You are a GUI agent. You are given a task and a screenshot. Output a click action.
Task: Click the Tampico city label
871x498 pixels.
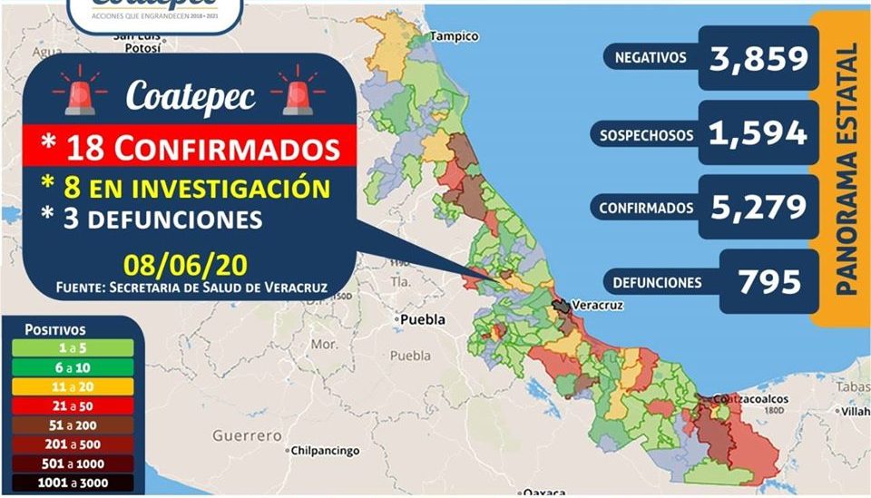click(x=454, y=37)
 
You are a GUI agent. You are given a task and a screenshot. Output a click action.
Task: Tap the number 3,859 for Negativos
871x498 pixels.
click(x=759, y=59)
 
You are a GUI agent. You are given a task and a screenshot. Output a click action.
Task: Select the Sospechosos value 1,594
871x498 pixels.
click(x=759, y=133)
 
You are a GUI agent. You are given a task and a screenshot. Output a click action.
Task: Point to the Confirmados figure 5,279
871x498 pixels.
click(x=759, y=207)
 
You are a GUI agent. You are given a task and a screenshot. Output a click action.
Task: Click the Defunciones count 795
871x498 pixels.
click(x=769, y=281)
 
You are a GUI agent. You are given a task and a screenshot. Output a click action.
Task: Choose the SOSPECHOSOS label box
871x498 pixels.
click(x=646, y=135)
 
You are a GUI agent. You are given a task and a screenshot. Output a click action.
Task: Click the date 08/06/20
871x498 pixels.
click(x=186, y=267)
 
